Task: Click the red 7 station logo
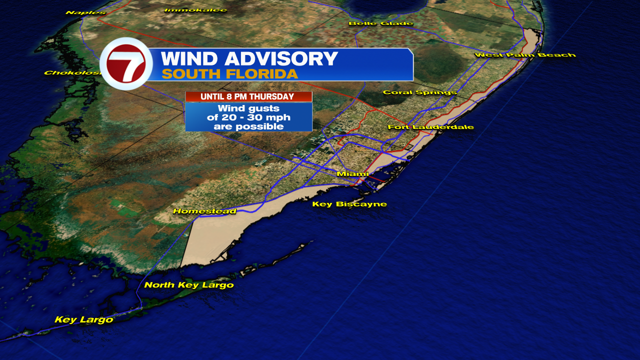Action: click(126, 64)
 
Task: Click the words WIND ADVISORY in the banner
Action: click(249, 59)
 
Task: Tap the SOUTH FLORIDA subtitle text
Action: click(229, 74)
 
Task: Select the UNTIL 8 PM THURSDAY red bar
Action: click(248, 96)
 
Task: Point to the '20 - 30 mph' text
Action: click(248, 117)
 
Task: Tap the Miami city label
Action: click(352, 173)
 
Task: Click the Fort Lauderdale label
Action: click(430, 127)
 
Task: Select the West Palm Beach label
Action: click(525, 54)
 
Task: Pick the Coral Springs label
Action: click(419, 92)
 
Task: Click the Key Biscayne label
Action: click(349, 204)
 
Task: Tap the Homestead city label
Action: click(204, 211)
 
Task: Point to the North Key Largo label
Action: click(189, 285)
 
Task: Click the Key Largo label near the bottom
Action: click(84, 319)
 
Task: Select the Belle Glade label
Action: click(380, 23)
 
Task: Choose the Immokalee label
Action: click(195, 10)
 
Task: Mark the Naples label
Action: click(85, 12)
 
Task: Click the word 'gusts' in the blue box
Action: click(265, 108)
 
